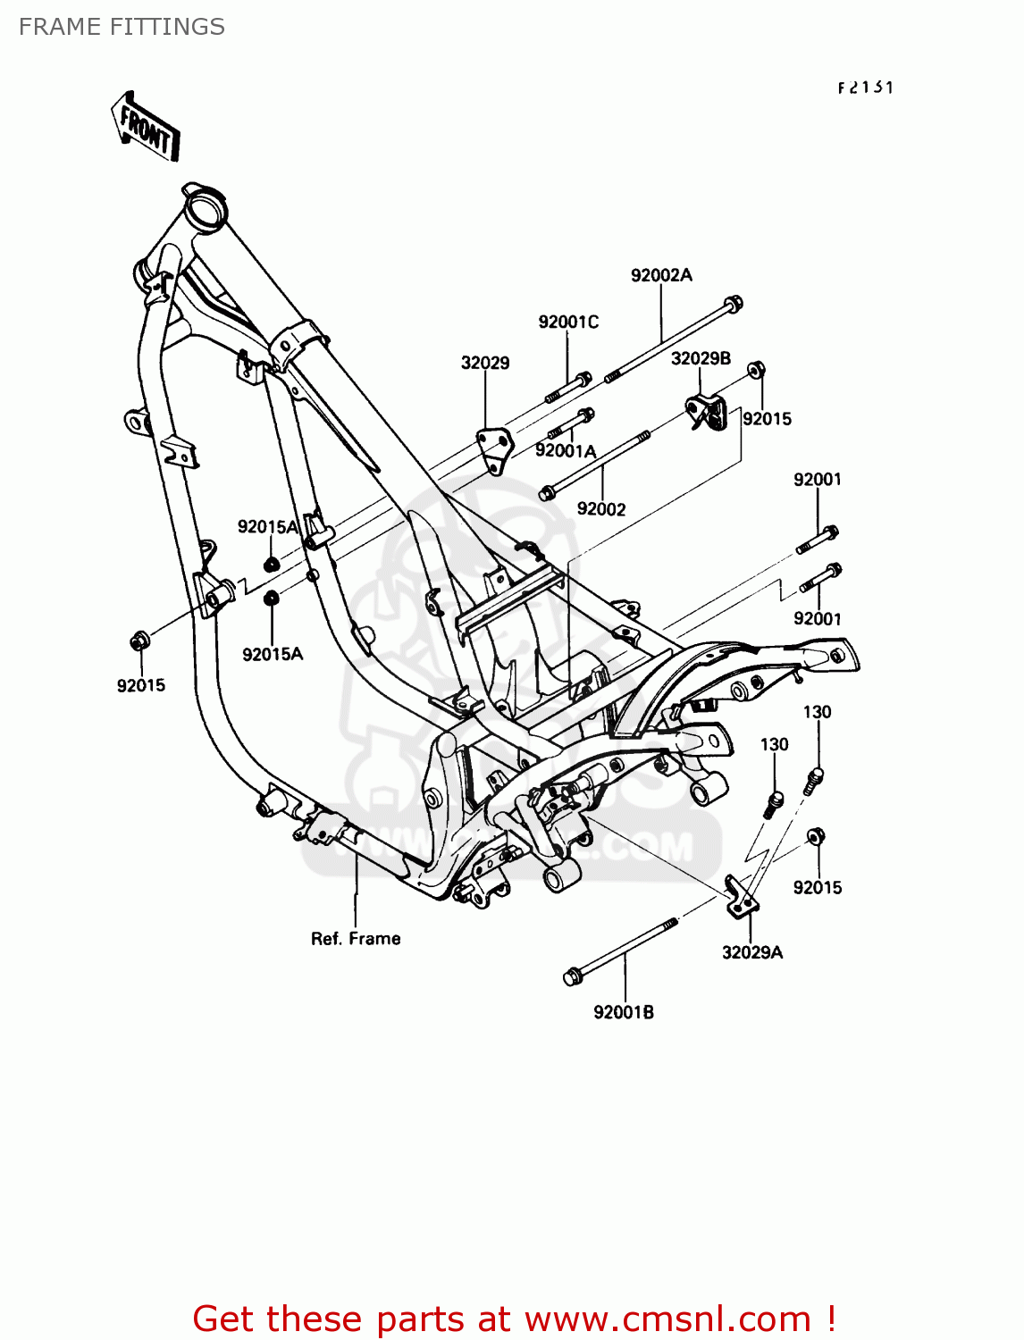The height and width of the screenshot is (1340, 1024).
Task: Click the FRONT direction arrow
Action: tap(146, 127)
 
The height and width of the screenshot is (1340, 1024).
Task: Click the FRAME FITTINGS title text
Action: tap(122, 27)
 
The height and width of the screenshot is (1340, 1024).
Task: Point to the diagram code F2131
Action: tap(865, 88)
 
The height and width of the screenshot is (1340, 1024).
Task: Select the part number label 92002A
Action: tap(661, 275)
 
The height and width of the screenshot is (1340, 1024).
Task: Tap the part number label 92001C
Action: tap(568, 322)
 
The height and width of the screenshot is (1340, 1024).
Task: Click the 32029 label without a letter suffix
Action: tap(485, 363)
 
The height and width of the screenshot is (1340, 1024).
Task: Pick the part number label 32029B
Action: tap(701, 358)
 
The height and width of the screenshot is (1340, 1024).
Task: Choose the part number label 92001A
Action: tap(566, 451)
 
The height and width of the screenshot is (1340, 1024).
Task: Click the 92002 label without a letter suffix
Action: tap(601, 509)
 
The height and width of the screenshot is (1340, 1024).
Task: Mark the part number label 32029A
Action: tap(752, 952)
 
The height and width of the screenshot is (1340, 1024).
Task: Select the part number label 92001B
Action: tap(624, 1012)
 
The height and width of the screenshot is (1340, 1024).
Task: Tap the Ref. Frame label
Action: tap(356, 939)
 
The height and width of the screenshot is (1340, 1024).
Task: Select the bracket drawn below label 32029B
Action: tap(707, 412)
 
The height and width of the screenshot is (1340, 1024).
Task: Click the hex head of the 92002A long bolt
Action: tap(733, 305)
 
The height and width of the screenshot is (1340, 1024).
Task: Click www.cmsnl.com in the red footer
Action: tap(667, 1319)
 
